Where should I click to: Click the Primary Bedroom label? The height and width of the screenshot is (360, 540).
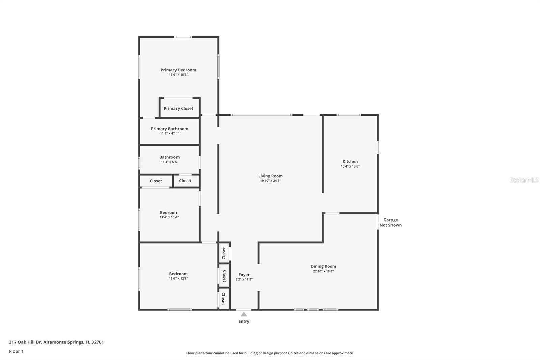pyautogui.click(x=178, y=70)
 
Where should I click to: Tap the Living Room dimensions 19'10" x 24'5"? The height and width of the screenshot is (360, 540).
pyautogui.click(x=270, y=181)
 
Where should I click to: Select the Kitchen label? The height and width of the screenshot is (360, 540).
pyautogui.click(x=350, y=161)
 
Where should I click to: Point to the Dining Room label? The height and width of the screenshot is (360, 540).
pyautogui.click(x=323, y=266)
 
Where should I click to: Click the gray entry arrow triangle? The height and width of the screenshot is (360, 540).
pyautogui.click(x=244, y=314)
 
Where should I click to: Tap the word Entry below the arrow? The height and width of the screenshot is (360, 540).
pyautogui.click(x=244, y=322)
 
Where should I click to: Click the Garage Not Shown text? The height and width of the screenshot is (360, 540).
pyautogui.click(x=390, y=222)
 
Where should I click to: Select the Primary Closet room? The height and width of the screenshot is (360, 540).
pyautogui.click(x=179, y=108)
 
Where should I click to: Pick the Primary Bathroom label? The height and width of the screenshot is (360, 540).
pyautogui.click(x=169, y=129)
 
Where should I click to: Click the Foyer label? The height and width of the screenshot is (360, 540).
pyautogui.click(x=244, y=275)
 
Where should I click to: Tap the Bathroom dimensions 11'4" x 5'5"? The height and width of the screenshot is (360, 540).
pyautogui.click(x=169, y=162)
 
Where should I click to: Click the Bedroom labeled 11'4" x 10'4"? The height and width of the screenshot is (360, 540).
pyautogui.click(x=169, y=213)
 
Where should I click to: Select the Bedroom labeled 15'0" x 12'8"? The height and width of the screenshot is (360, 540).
pyautogui.click(x=178, y=274)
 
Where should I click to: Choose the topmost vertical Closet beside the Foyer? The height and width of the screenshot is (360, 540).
pyautogui.click(x=224, y=253)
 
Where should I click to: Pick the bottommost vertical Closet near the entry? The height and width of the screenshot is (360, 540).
pyautogui.click(x=223, y=298)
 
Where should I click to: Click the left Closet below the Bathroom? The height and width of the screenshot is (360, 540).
pyautogui.click(x=156, y=181)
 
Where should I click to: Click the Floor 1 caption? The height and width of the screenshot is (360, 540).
pyautogui.click(x=16, y=351)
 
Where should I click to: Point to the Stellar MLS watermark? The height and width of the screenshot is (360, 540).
pyautogui.click(x=524, y=180)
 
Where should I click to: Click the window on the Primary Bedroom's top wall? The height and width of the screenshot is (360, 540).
pyautogui.click(x=183, y=37)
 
